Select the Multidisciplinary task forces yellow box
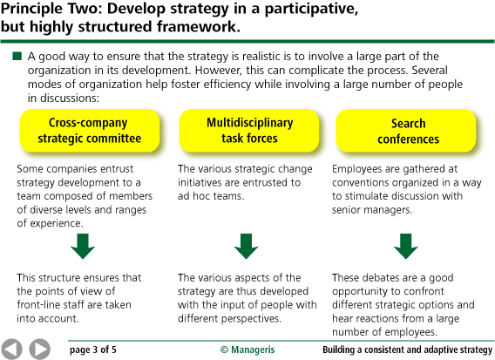point(242,131)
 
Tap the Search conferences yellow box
point(402,131)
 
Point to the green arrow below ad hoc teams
point(242,247)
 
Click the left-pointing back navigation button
point(13,348)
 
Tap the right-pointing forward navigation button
point(39,348)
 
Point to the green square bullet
point(17,57)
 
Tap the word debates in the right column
point(383,277)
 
